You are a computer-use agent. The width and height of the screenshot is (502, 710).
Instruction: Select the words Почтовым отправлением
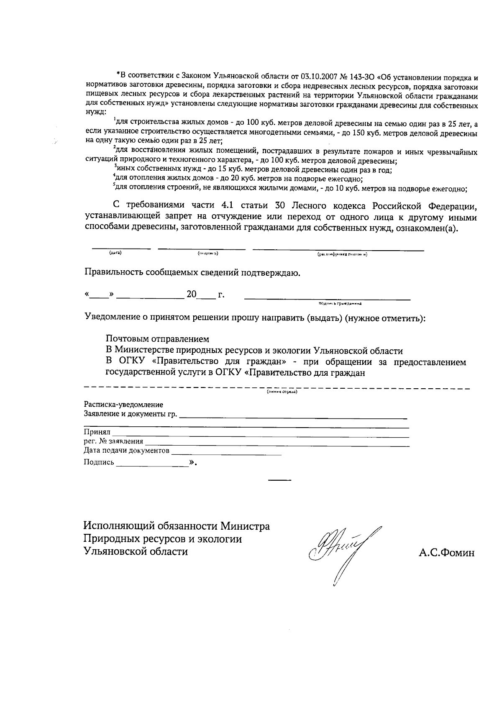point(157,339)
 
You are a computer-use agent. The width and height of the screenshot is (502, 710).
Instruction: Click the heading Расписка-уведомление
point(123,405)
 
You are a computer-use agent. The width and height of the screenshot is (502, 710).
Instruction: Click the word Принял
point(97,432)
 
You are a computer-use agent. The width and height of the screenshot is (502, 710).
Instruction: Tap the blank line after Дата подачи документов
point(226,453)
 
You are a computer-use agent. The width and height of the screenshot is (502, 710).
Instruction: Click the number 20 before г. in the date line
point(192,295)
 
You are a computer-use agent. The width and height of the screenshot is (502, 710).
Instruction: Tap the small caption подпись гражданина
point(339,304)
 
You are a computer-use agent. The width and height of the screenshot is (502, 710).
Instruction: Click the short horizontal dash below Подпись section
point(279,479)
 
